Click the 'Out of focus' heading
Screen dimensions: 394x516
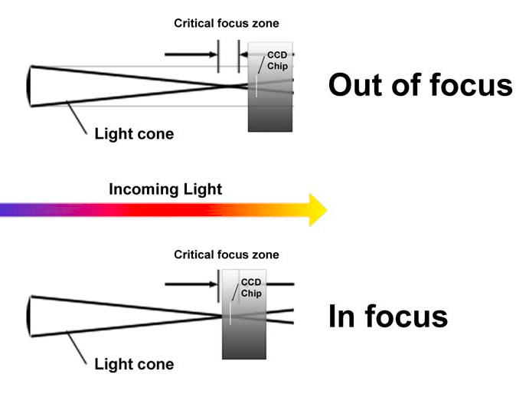[420, 84]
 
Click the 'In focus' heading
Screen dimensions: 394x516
[387, 316]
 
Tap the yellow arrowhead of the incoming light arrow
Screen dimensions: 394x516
[317, 209]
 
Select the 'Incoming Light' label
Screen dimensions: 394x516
[165, 189]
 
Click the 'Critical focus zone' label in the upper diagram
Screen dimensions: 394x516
[227, 23]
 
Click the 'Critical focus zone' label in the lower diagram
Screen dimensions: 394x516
[227, 254]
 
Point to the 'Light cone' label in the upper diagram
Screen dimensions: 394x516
[134, 135]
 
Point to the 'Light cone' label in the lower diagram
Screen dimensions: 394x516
[134, 364]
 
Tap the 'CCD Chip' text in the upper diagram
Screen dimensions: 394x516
[276, 61]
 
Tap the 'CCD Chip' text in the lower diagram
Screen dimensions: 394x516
[251, 288]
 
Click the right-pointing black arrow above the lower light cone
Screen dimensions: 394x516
[190, 284]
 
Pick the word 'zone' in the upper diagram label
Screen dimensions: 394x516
[265, 23]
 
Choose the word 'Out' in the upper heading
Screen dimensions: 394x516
[356, 84]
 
